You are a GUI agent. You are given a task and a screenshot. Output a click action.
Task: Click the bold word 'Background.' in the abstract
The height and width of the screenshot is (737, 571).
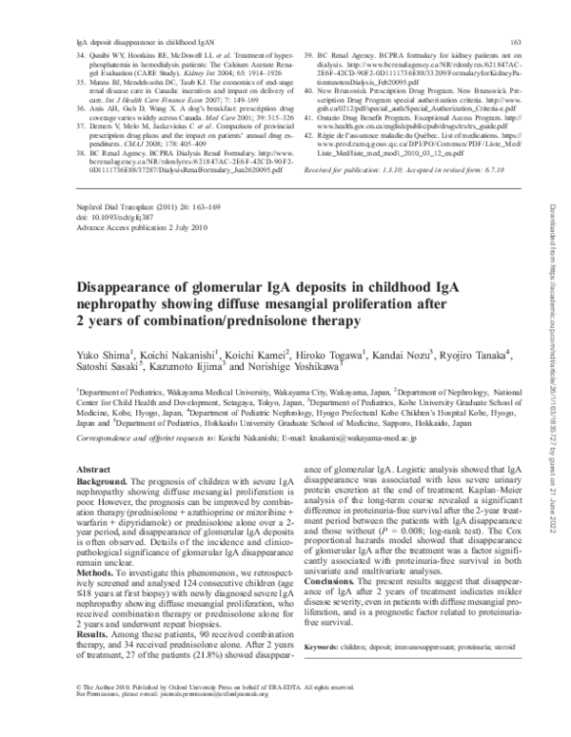tap(102, 483)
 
